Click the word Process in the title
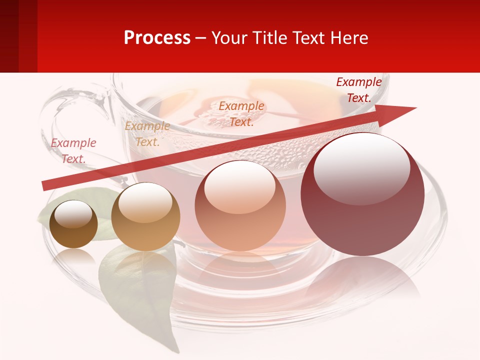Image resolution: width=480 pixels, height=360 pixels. pyautogui.click(x=157, y=38)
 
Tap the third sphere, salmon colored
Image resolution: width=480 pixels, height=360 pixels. pyautogui.click(x=240, y=205)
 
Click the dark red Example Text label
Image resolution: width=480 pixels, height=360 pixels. pyautogui.click(x=358, y=90)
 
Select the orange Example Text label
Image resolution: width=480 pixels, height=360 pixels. pyautogui.click(x=241, y=113)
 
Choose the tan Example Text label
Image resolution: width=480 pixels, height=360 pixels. pyautogui.click(x=147, y=134)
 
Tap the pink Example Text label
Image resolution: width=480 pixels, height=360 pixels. pyautogui.click(x=73, y=150)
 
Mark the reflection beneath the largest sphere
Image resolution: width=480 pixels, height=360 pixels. pyautogui.click(x=362, y=280)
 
